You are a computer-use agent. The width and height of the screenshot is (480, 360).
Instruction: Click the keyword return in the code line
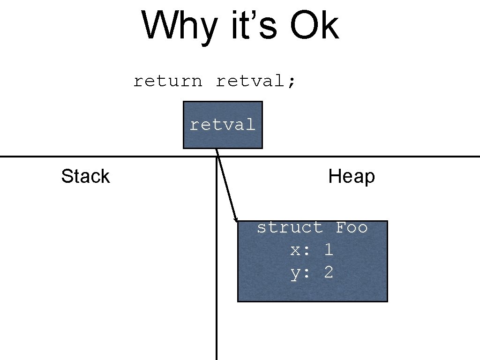(168, 81)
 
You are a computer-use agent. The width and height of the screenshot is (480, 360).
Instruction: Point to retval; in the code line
(256, 81)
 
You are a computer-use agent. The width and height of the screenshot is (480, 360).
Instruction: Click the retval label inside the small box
(223, 125)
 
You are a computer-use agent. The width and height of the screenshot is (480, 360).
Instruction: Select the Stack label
(85, 177)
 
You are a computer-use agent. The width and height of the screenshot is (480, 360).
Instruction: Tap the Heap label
(352, 177)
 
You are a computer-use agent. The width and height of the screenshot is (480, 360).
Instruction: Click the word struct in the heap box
(290, 228)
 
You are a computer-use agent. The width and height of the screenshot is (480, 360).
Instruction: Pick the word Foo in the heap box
(352, 228)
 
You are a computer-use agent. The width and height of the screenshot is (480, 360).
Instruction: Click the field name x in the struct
(295, 250)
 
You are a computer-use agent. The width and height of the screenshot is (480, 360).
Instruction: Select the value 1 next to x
(329, 250)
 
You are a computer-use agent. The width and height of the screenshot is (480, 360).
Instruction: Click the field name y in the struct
(295, 273)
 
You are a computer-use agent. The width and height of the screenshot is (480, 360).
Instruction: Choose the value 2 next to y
(329, 273)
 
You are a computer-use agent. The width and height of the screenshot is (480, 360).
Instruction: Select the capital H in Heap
(334, 177)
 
